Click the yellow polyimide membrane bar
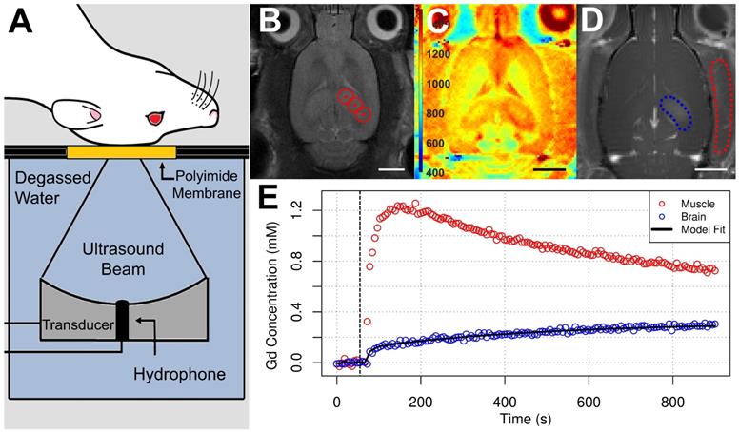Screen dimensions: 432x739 [x=120, y=152]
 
